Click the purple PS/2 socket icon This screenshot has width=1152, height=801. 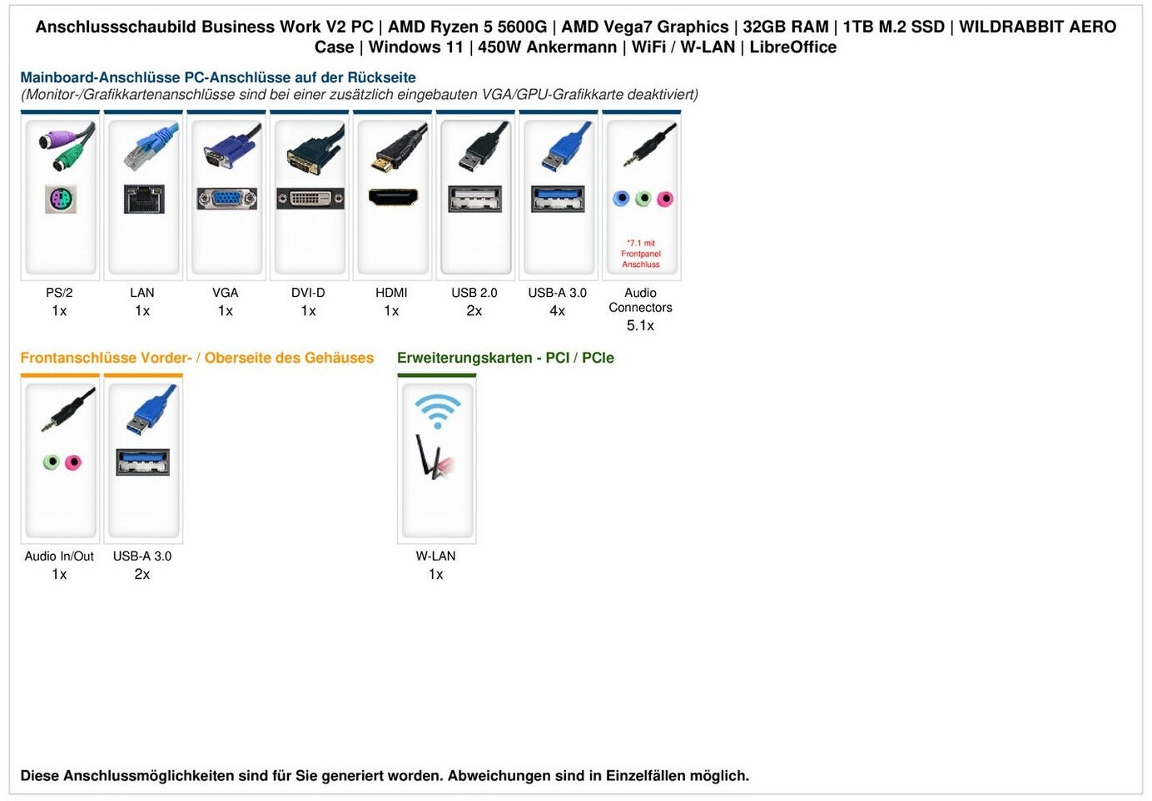coord(60,200)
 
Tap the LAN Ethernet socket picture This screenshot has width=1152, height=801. coord(143,200)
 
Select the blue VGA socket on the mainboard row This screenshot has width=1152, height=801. coord(226,199)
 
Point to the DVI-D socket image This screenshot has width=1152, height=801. coord(310,199)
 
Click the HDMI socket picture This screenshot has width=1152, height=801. coord(393,198)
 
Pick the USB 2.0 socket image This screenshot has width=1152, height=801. coord(474,199)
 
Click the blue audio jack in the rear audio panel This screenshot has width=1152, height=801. coord(621,199)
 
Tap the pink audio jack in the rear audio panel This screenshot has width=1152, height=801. coord(664,199)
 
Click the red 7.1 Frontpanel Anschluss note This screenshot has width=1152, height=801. coord(641,254)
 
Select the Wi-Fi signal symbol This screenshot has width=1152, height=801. coord(437,410)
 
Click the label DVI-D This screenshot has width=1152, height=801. coord(308,293)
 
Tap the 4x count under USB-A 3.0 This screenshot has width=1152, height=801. coord(558,311)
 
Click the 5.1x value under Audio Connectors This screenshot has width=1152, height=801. coord(640,325)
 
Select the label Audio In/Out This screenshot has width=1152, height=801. coord(59,556)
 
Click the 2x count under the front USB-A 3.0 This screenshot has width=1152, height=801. coord(142,575)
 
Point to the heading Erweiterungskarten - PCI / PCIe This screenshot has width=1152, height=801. coord(505,358)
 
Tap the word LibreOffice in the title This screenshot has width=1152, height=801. coord(792,47)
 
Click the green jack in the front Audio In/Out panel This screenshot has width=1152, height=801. coord(52,462)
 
